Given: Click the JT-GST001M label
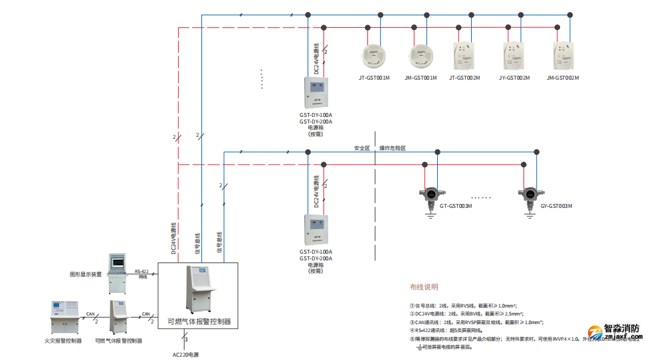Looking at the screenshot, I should point(374,78).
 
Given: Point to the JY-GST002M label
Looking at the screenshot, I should point(514,78).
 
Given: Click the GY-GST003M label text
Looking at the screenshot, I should point(556,206).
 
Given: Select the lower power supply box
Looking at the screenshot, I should point(316,230).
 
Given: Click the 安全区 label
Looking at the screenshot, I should point(361,148).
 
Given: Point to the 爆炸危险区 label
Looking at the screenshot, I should point(392,148).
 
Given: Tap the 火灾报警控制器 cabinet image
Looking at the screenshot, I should point(65,318).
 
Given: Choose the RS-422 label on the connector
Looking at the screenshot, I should point(142,271).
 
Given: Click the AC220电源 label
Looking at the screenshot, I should point(186,355).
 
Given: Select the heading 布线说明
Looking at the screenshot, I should point(424,288).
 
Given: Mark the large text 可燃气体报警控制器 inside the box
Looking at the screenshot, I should point(199,321).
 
